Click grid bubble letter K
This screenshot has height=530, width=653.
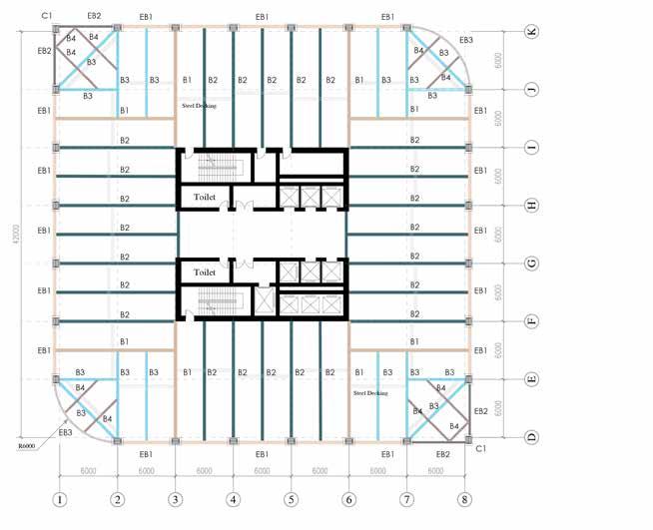531,32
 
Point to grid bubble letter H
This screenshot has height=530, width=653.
531,206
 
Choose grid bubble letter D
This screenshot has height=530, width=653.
531,437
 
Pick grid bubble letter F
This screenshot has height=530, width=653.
531,321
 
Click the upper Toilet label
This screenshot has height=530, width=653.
205,198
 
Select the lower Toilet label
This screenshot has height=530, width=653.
205,271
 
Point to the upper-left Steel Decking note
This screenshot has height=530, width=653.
200,103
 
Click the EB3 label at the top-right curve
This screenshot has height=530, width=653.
466,41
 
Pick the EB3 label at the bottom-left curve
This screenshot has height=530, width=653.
66,432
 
